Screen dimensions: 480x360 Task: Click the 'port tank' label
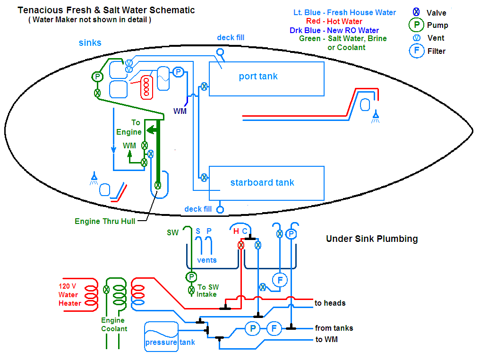pos(258,76)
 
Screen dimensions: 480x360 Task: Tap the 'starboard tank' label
pos(262,182)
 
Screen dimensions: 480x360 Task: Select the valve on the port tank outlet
pos(204,86)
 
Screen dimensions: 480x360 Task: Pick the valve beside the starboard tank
pos(204,177)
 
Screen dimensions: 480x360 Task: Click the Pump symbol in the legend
pos(416,25)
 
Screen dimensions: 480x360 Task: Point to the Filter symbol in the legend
pos(417,51)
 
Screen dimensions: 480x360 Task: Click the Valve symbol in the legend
pos(416,12)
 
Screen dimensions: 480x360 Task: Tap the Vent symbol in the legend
pos(417,38)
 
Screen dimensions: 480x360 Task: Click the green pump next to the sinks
pos(97,77)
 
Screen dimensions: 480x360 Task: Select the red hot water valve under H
pos(241,245)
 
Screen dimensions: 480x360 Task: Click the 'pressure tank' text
pos(170,342)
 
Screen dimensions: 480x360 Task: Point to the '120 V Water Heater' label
pos(70,295)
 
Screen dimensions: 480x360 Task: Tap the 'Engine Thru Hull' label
pos(105,221)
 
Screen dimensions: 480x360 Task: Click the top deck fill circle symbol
pos(220,52)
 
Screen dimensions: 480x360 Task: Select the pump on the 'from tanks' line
pos(253,328)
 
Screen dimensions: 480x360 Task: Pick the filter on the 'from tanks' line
pos(274,328)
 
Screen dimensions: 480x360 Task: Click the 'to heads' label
pos(330,303)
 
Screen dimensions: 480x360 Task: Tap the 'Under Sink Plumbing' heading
pos(372,239)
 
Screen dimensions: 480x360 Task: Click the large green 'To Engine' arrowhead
pos(151,130)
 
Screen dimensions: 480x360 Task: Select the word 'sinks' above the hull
pos(90,43)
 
